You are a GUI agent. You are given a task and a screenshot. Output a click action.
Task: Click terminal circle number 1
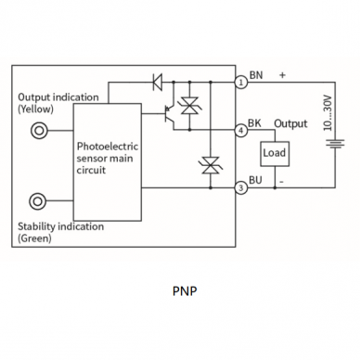(x=242, y=83)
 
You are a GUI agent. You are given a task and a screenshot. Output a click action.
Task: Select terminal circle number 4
(x=241, y=130)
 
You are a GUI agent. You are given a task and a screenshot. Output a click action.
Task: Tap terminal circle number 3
(x=241, y=187)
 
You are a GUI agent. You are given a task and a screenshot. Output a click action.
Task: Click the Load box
(x=275, y=154)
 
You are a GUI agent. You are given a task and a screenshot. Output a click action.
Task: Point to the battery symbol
(x=335, y=144)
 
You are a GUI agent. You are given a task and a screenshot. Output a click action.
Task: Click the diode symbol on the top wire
(x=158, y=83)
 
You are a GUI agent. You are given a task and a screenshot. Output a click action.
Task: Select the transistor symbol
(x=169, y=114)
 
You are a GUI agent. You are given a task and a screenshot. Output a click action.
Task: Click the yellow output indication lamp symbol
(x=39, y=131)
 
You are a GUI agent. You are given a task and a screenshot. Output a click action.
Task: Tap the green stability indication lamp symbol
(x=38, y=201)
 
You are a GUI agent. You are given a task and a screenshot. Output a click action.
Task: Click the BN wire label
(x=256, y=75)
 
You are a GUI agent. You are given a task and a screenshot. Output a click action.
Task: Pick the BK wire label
(x=254, y=123)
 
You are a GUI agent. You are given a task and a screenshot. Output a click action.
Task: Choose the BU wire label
(x=255, y=180)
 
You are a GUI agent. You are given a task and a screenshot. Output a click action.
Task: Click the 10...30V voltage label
(x=328, y=113)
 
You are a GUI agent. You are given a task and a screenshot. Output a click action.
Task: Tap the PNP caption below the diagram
(x=185, y=291)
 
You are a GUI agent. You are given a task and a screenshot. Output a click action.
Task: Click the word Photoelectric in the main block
(x=108, y=146)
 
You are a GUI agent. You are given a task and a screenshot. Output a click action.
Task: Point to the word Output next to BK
(x=290, y=123)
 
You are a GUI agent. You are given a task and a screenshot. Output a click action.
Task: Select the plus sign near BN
(x=282, y=75)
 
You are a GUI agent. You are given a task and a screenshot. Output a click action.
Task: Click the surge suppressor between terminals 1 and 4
(x=189, y=106)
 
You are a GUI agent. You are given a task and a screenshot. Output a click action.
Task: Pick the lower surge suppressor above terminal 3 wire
(x=211, y=165)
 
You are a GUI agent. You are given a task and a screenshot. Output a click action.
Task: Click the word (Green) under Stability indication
(x=34, y=238)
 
